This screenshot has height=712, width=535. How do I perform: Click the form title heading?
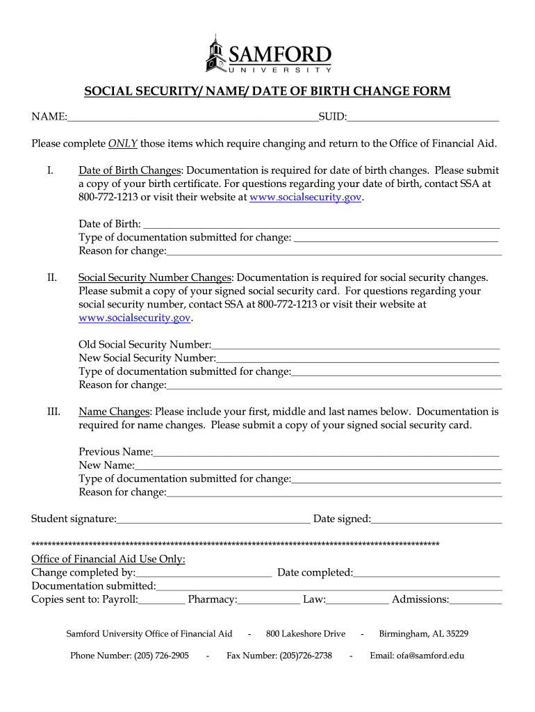[267, 92]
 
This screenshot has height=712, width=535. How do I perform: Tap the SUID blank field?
[423, 117]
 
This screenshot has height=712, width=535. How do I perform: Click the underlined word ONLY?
[123, 144]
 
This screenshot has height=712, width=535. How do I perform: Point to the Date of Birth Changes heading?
[130, 170]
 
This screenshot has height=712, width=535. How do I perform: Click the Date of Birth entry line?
[320, 224]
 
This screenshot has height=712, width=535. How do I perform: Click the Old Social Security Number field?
[355, 345]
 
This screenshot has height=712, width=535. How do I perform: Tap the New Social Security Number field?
[357, 358]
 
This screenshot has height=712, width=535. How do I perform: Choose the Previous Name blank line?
[326, 452]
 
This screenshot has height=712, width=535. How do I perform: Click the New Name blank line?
[318, 465]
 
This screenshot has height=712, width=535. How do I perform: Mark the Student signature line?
[213, 519]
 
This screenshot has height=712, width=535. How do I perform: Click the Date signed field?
[436, 519]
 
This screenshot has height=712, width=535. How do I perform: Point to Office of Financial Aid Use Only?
[108, 559]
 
